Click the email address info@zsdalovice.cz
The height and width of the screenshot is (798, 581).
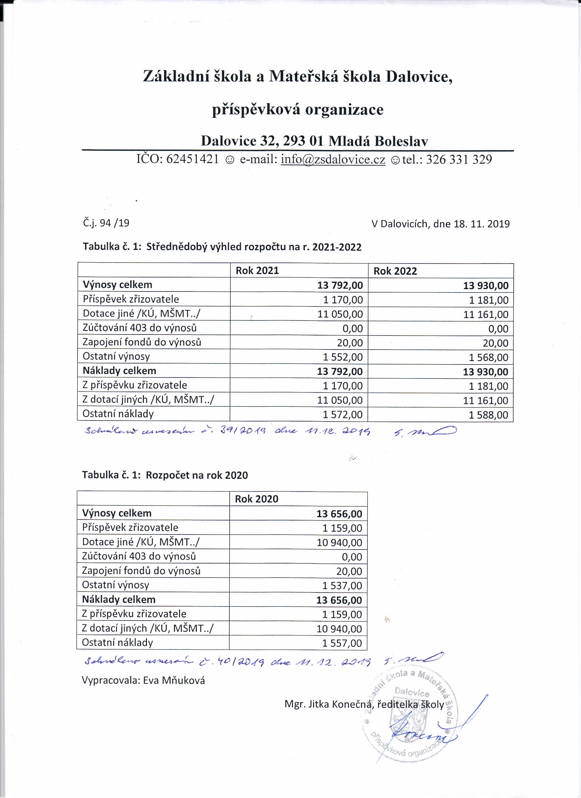coord(333,160)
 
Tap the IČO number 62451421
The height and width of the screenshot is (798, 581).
coord(192,160)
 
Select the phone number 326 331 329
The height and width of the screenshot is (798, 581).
coord(459,160)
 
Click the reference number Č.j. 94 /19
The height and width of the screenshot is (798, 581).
coord(106,223)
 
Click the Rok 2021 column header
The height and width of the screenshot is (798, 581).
coord(257,270)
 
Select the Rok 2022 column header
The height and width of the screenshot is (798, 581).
coord(395,271)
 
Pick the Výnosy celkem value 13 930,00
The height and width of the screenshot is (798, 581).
coord(486,285)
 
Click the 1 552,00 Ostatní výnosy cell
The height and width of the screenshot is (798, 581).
coord(343,357)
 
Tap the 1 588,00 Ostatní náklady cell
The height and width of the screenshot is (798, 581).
coord(488,415)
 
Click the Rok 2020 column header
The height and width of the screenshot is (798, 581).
coord(257,499)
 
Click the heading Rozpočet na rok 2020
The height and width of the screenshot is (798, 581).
coord(197,475)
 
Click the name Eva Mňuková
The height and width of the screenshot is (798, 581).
coord(174,681)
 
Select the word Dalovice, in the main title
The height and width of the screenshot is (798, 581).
coord(419,77)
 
